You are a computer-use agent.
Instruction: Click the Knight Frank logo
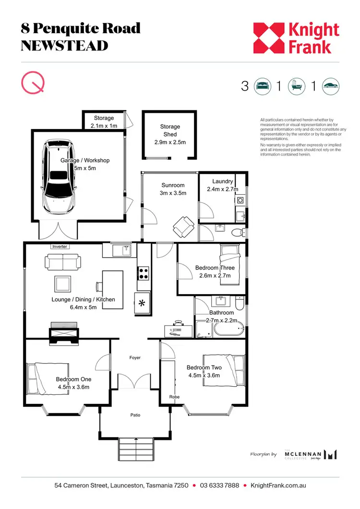click(296, 38)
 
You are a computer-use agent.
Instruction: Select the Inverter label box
click(60, 247)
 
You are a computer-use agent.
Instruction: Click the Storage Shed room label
click(170, 134)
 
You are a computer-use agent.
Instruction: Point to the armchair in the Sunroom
click(183, 226)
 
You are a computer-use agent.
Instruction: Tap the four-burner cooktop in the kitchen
click(144, 273)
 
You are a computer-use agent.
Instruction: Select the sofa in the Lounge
click(63, 261)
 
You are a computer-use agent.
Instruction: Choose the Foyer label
click(135, 358)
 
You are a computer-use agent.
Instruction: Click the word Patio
click(135, 415)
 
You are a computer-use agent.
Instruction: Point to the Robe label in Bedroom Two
click(174, 397)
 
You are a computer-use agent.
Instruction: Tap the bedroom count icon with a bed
click(263, 86)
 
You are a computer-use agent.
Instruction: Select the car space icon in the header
click(331, 86)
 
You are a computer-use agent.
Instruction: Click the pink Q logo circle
click(33, 83)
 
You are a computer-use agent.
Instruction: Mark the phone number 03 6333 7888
click(219, 485)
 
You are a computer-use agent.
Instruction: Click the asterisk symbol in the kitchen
click(142, 304)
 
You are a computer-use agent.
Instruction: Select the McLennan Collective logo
click(310, 455)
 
